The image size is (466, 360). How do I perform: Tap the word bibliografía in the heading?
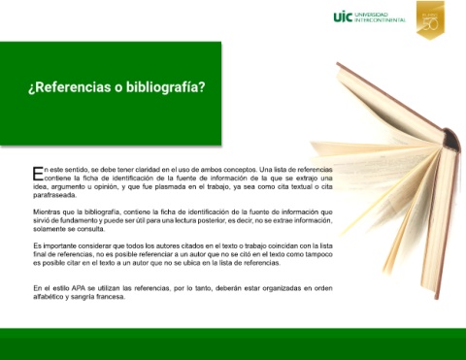coord(165,87)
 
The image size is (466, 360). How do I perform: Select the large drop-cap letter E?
coord(38,174)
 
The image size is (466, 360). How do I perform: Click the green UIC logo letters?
coord(343,16)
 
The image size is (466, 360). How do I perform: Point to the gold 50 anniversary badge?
coord(430,20)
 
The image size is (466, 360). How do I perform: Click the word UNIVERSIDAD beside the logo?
coord(371,15)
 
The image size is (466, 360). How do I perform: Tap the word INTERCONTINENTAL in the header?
coord(381,20)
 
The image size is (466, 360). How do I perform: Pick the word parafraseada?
coord(54,195)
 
